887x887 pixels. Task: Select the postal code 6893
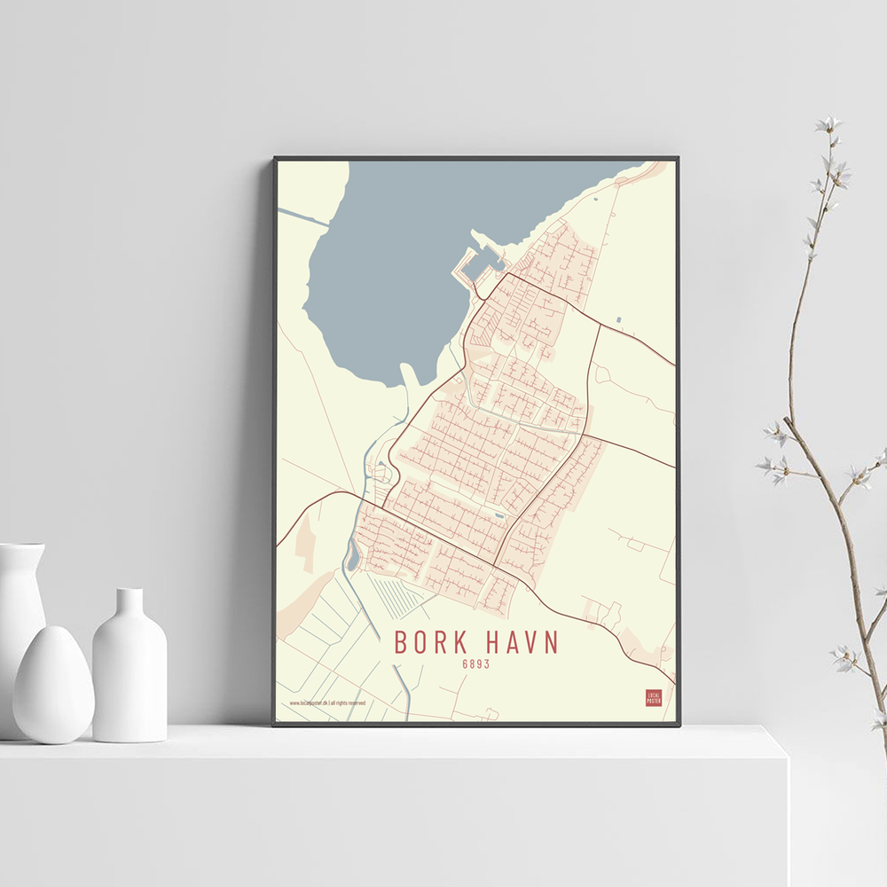tap(476, 663)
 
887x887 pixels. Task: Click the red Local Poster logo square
tap(654, 698)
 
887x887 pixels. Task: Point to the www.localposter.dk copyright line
tap(327, 703)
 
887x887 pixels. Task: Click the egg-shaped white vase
tap(53, 684)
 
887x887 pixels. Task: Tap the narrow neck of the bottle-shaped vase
tap(130, 603)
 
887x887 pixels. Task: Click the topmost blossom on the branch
tap(828, 124)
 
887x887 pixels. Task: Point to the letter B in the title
tap(401, 642)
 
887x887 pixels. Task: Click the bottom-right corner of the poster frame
tap(679, 725)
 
